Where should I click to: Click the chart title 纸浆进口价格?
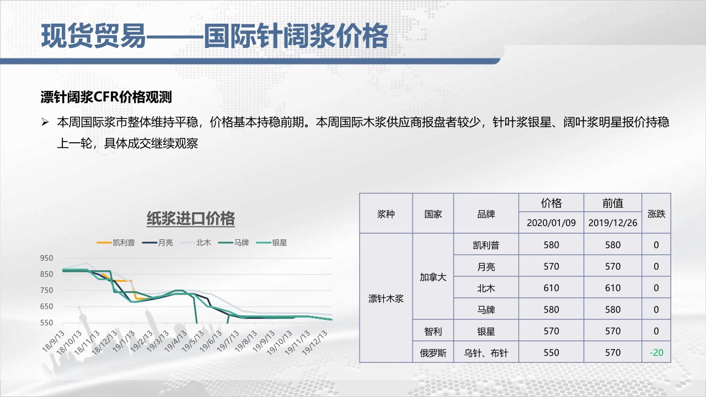coord(191,218)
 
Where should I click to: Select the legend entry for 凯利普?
coord(116,243)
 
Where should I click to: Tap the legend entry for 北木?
coord(195,243)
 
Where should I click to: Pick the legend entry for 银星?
coord(272,243)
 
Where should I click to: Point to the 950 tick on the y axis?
coord(46,258)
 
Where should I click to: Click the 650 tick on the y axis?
coord(46,306)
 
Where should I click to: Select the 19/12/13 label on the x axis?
coord(314,343)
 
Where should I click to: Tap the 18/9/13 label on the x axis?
coord(53,341)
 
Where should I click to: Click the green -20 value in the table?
coord(656,352)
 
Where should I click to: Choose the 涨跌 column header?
coord(656,214)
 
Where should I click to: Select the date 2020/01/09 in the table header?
coord(551,223)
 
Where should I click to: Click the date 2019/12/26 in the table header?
coord(613,223)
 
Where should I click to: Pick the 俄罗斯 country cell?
coord(433,353)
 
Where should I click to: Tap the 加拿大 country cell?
coord(433,277)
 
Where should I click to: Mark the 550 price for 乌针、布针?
coord(551,352)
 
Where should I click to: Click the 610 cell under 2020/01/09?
coord(551,288)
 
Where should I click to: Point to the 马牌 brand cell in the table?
coord(486,310)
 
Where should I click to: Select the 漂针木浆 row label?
coord(386,298)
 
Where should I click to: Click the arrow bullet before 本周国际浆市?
coord(45,122)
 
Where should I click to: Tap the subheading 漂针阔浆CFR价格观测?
coord(106,97)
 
